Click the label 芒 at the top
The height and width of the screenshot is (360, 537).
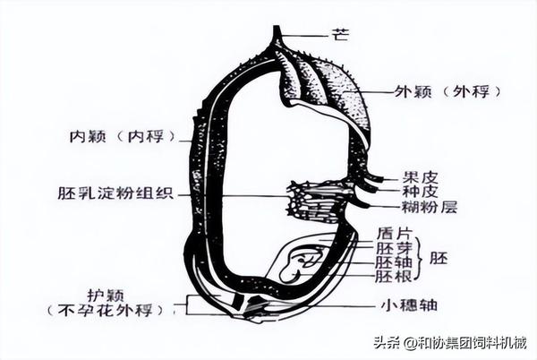(x=340, y=35)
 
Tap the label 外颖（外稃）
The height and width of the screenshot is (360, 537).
(x=447, y=92)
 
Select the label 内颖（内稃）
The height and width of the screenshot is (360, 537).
(x=122, y=136)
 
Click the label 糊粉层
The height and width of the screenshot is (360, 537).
(x=429, y=207)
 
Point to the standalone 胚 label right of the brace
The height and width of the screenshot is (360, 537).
(x=439, y=258)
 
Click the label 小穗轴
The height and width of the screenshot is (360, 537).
(x=410, y=304)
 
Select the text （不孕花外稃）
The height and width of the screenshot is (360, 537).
(x=105, y=310)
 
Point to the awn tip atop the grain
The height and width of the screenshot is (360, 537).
(x=276, y=27)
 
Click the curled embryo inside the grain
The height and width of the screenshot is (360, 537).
(x=300, y=265)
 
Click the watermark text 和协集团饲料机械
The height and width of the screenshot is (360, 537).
(x=473, y=342)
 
